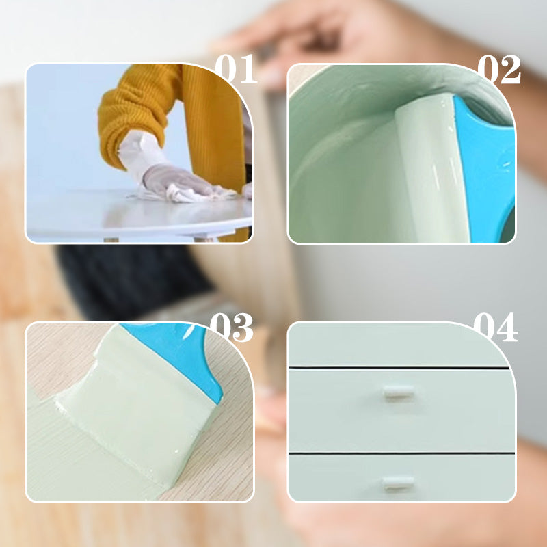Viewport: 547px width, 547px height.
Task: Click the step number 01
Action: tap(236, 69)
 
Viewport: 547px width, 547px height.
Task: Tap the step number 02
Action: tap(499, 70)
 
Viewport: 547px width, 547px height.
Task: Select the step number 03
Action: tap(231, 328)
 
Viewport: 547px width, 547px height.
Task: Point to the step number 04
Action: tap(495, 328)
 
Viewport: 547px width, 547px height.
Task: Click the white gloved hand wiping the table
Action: tap(174, 180)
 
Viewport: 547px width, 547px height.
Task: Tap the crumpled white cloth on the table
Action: tap(189, 194)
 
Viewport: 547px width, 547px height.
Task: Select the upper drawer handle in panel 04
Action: tap(399, 392)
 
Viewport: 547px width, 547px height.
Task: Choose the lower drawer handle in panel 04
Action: tap(398, 483)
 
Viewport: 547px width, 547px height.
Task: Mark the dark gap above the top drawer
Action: tap(399, 367)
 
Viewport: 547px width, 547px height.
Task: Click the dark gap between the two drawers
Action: tap(401, 453)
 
